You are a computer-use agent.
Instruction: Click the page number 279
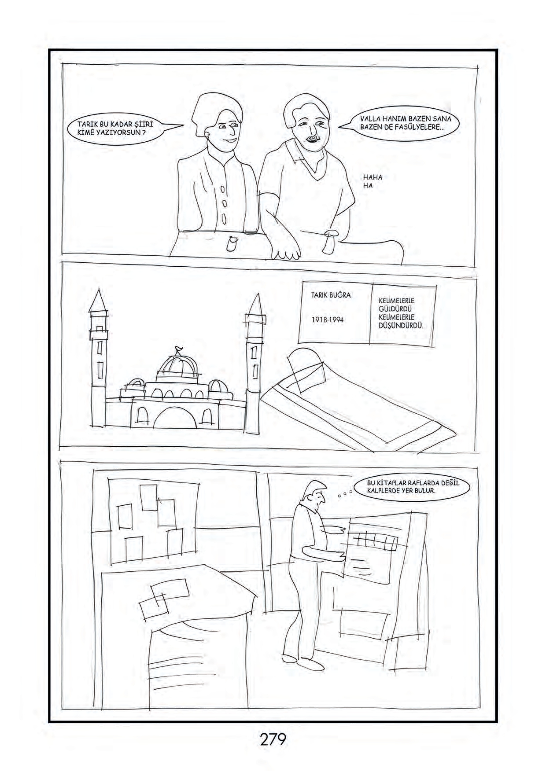(x=273, y=739)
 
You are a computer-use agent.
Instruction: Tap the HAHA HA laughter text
(x=373, y=181)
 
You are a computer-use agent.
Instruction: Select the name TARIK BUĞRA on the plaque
(x=331, y=295)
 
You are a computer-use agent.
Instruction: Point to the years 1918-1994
(x=328, y=320)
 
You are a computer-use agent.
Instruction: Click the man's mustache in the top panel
(x=312, y=139)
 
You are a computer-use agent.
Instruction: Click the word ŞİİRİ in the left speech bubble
(x=141, y=124)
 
